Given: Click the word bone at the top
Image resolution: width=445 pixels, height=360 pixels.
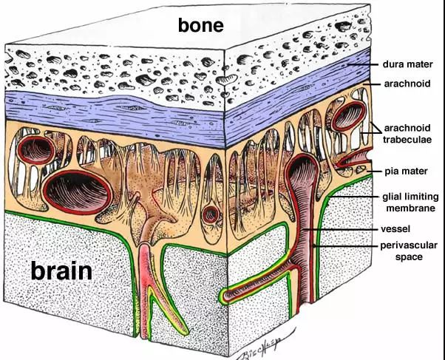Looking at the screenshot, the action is click(x=200, y=24).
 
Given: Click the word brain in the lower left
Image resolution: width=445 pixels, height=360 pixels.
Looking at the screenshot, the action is click(x=61, y=271).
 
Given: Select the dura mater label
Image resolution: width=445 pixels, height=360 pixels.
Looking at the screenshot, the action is click(x=407, y=64).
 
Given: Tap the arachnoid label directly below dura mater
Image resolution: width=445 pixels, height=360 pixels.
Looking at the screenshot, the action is click(x=407, y=84).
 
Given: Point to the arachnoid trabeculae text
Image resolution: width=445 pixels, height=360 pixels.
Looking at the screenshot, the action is click(x=407, y=134).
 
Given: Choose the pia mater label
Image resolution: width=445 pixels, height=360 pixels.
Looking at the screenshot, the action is click(x=406, y=171).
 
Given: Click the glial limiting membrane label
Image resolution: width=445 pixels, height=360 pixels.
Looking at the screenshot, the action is click(x=410, y=202).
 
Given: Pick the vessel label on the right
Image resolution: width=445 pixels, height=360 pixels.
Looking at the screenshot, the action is click(x=395, y=229).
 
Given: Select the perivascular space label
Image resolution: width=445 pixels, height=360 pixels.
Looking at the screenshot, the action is click(x=409, y=251).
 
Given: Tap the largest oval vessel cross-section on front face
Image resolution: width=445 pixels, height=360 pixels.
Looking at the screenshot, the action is click(x=78, y=192).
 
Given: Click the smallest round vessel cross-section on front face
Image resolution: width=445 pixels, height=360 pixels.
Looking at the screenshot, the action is click(x=211, y=214).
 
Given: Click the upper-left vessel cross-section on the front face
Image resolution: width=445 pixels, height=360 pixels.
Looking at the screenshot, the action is click(x=36, y=150).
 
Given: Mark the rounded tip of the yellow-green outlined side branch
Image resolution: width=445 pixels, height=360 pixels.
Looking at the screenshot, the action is click(x=221, y=296).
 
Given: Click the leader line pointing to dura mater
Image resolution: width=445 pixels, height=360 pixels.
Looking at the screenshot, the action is click(x=363, y=64).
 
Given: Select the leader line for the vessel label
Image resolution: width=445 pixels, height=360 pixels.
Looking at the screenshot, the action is click(x=340, y=229).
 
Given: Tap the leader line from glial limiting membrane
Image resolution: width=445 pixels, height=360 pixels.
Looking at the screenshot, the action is click(x=353, y=197).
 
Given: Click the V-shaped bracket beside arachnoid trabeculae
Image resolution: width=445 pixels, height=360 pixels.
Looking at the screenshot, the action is click(x=374, y=129).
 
